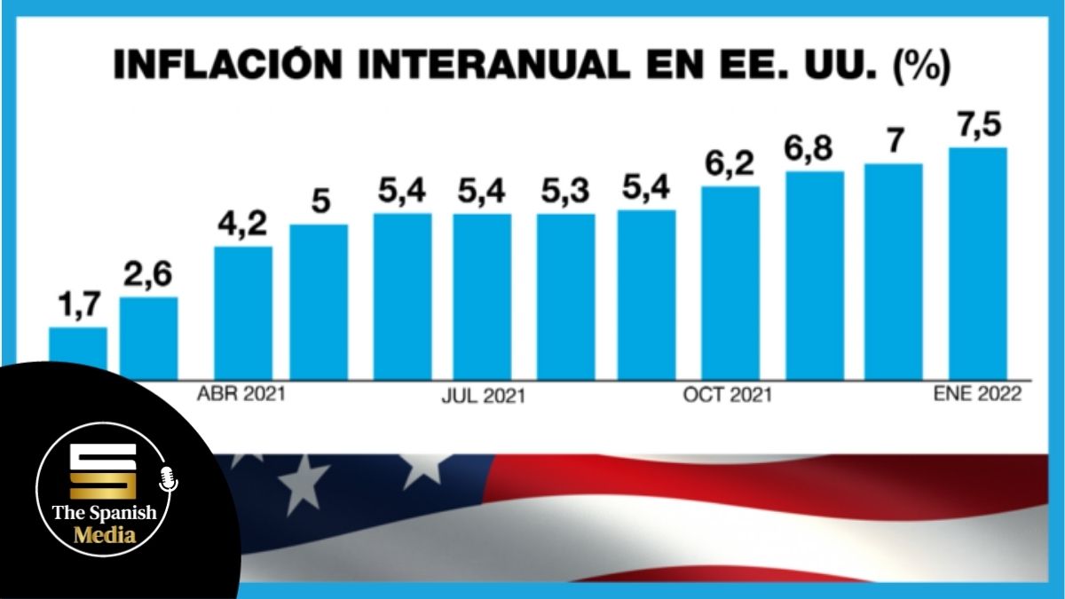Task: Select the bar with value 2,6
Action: click(x=149, y=338)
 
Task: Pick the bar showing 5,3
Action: click(x=565, y=296)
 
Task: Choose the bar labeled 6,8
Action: click(x=815, y=275)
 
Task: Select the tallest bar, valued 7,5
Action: click(x=978, y=263)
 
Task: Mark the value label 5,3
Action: click(x=565, y=192)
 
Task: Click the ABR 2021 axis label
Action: click(x=241, y=393)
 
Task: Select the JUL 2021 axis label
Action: click(x=483, y=396)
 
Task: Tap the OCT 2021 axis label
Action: click(x=727, y=394)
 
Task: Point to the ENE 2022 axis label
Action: click(x=977, y=394)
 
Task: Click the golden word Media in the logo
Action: click(x=105, y=534)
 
